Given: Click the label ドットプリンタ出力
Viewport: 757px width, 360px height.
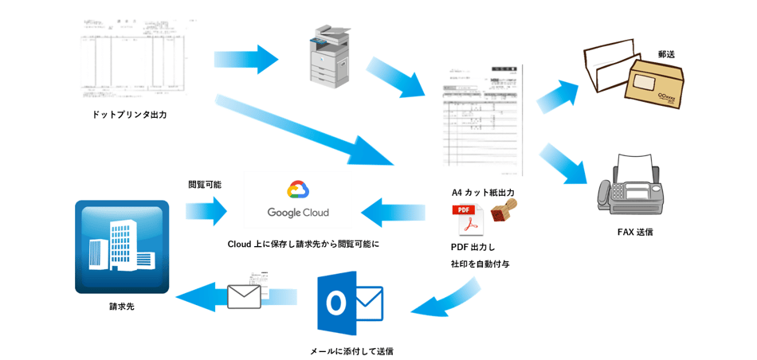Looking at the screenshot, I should [129, 115].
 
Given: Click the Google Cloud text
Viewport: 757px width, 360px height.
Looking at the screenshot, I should [297, 213].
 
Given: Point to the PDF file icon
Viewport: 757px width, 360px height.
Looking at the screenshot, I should [469, 221].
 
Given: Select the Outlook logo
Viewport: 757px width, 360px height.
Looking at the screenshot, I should [350, 303].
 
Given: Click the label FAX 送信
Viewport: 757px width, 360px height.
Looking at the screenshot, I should [635, 232].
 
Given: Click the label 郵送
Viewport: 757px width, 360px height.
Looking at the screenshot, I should [667, 54].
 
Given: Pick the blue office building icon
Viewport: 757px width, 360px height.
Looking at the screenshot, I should [122, 246].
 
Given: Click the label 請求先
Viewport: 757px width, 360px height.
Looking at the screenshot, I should [122, 306].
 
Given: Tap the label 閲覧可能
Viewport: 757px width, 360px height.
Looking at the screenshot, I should [205, 184].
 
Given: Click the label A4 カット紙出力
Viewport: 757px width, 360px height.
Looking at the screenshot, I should [483, 192].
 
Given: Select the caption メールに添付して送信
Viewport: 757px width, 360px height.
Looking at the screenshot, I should [351, 350].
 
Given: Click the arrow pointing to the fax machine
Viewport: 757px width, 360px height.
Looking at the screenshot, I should [563, 164].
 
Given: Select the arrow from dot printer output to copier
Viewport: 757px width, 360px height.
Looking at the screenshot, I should [245, 59].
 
